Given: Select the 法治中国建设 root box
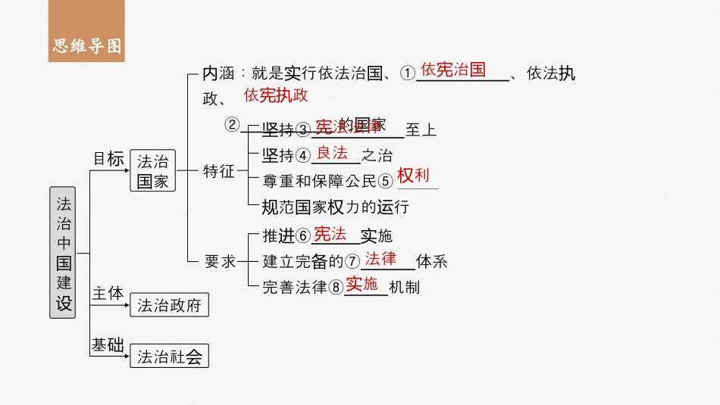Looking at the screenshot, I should (64, 252).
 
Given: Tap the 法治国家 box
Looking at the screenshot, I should (152, 171).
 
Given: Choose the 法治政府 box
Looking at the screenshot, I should (168, 305).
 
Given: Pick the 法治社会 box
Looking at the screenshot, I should (168, 357).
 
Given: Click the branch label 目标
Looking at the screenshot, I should (107, 159).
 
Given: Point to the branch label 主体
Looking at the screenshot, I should (107, 293).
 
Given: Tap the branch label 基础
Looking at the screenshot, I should (107, 344).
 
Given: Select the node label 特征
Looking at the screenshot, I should (218, 171).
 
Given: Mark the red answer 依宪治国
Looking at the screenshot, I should (453, 70).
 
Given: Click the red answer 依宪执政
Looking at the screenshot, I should (276, 95).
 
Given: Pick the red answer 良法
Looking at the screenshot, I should (332, 153).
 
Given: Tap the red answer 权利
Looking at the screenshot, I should (413, 176).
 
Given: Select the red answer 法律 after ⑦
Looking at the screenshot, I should (380, 259).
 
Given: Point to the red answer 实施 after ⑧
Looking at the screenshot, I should (362, 284).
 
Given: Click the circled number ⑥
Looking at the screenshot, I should (302, 236).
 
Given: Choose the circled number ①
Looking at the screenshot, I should (408, 73).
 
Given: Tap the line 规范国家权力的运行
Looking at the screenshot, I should (335, 207).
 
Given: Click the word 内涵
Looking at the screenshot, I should (219, 73).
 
